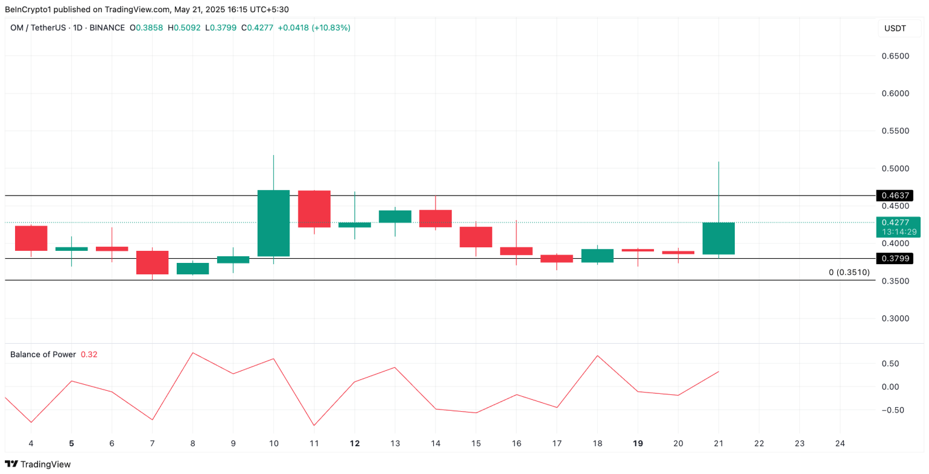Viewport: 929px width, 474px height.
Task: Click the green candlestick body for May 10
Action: [273, 223]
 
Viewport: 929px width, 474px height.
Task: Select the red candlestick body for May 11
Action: [314, 209]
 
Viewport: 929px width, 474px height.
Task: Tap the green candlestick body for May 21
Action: [718, 238]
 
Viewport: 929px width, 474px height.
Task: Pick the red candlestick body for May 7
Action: [152, 262]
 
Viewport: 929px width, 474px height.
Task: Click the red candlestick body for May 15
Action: [476, 237]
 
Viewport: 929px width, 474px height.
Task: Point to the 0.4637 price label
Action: [895, 195]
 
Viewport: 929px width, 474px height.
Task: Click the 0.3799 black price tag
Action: [895, 259]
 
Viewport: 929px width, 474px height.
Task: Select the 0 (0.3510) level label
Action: [849, 273]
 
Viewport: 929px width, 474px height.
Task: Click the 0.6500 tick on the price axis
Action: [895, 56]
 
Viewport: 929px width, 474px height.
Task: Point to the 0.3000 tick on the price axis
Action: [895, 318]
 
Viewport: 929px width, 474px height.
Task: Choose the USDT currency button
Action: [895, 28]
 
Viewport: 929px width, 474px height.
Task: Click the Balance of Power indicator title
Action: [43, 355]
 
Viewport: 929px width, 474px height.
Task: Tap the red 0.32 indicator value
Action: [89, 355]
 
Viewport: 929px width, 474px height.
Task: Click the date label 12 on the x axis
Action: [355, 443]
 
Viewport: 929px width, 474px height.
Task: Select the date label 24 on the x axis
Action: [840, 443]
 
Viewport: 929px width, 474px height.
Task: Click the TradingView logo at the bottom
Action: [38, 464]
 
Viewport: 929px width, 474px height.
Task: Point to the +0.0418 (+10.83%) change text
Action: [314, 28]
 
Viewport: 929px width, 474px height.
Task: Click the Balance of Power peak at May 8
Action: [192, 353]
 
